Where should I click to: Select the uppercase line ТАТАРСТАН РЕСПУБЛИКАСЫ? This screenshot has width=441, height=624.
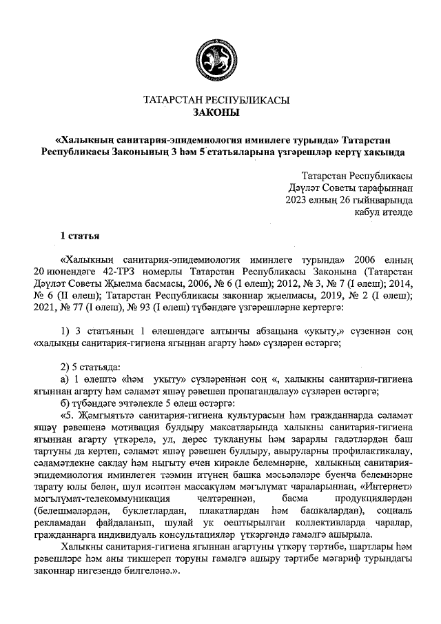click(216, 100)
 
